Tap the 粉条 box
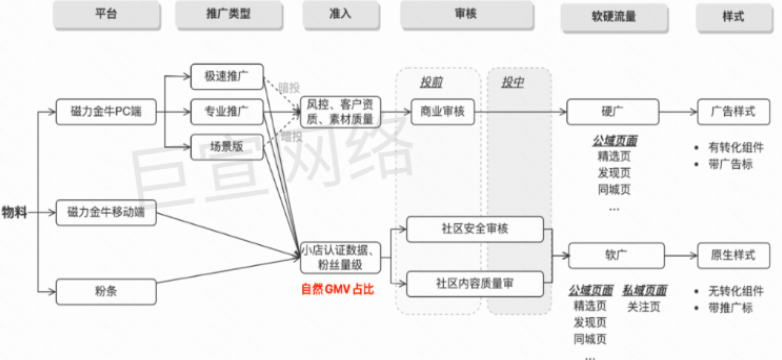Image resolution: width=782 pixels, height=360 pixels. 104,291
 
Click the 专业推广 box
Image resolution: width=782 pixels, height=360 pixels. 225,111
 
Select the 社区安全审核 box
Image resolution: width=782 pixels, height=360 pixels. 474,229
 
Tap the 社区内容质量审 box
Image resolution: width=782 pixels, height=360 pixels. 474,283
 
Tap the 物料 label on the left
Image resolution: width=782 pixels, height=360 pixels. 15,213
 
